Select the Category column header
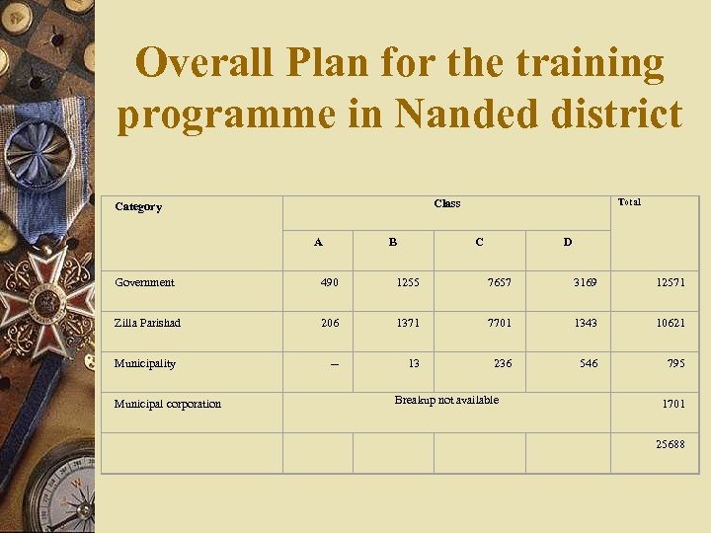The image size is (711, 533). [x=138, y=206]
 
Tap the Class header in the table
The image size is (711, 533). [x=446, y=203]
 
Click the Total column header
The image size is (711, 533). [x=629, y=201]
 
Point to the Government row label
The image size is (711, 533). [x=144, y=282]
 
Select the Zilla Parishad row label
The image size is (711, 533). [x=147, y=323]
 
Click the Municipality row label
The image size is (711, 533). [x=144, y=363]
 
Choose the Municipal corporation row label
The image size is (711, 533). [x=168, y=404]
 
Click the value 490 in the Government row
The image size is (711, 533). [x=329, y=282]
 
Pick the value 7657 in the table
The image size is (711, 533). [x=500, y=282]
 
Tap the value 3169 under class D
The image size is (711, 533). [x=586, y=282]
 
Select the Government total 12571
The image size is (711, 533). [x=669, y=282]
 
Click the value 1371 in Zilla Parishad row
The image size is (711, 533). [x=407, y=323]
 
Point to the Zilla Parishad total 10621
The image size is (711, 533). [x=669, y=323]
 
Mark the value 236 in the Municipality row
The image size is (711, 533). [x=503, y=363]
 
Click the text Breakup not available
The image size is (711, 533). [x=446, y=400]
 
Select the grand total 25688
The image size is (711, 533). [x=670, y=444]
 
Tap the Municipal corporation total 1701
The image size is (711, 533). [x=672, y=404]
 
